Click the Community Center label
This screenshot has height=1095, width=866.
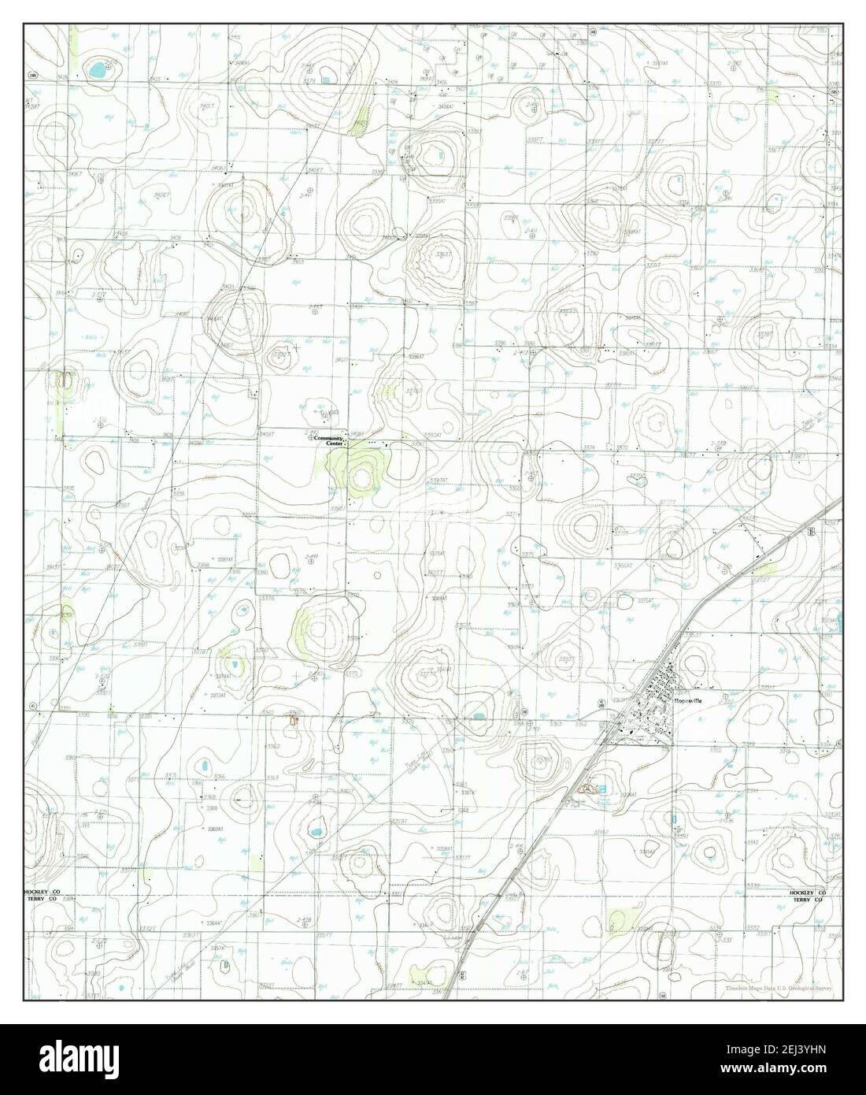330,441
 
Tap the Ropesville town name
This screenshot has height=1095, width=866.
686,700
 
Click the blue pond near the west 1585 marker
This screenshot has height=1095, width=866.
98,70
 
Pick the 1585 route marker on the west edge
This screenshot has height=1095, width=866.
32,76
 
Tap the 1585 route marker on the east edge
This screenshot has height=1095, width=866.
834,93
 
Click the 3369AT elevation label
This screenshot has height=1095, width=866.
216,830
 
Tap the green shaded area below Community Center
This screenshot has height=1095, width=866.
358,477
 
